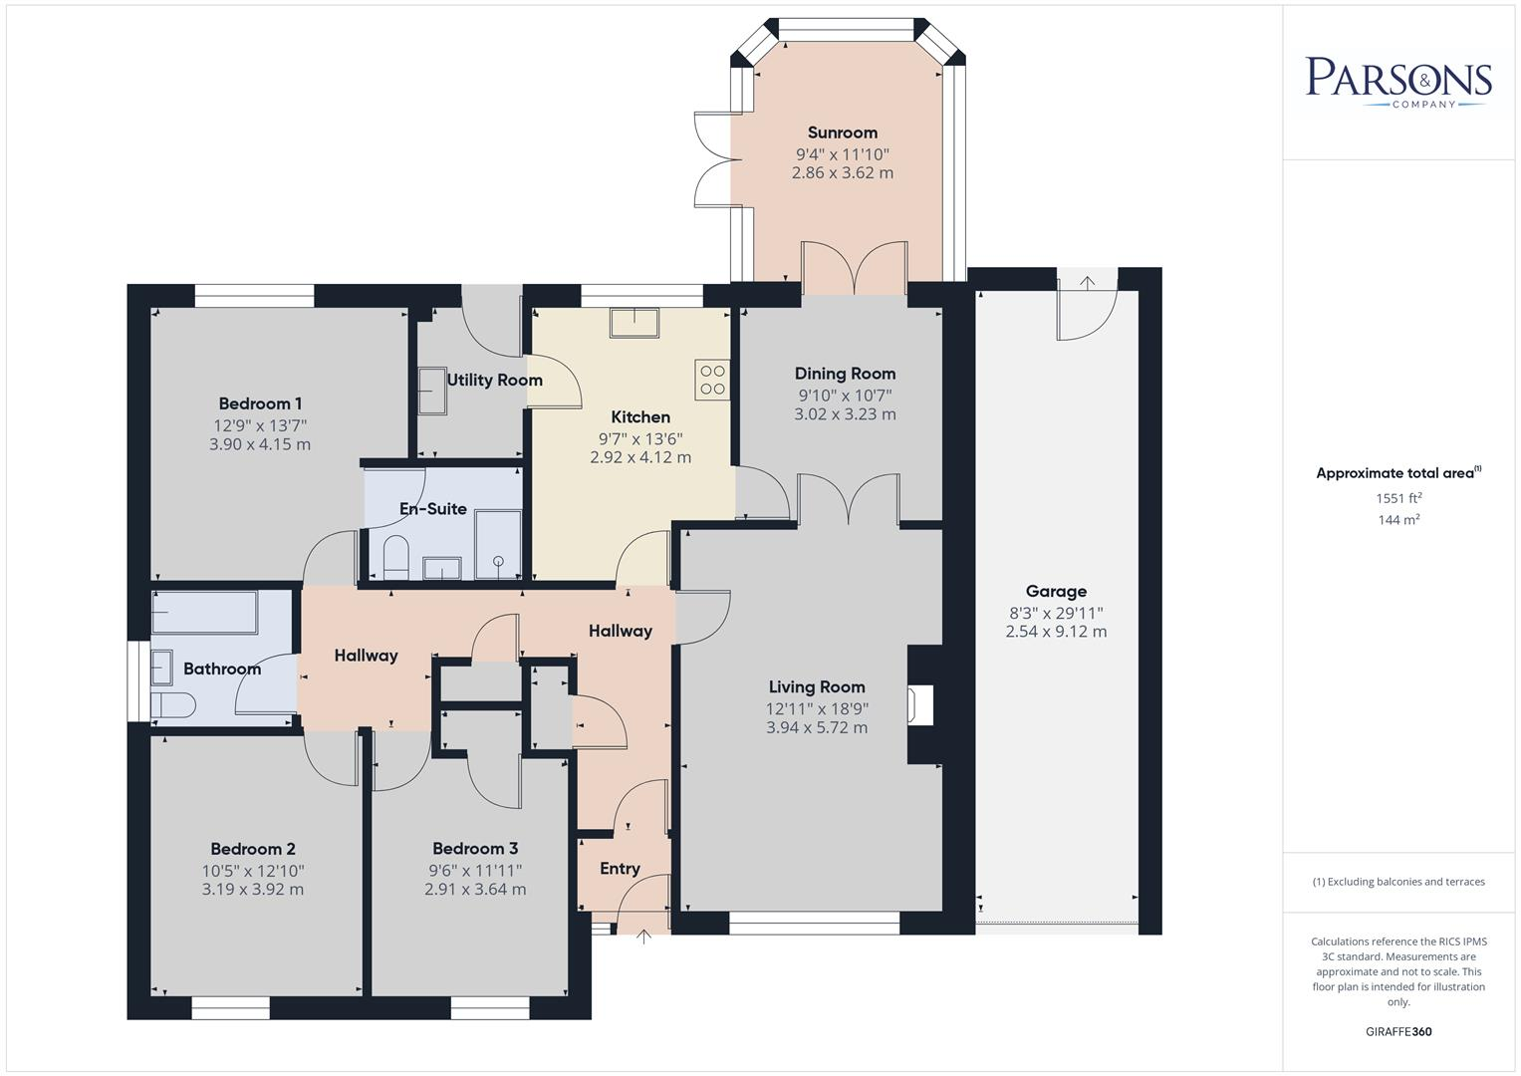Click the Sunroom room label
pyautogui.click(x=842, y=133)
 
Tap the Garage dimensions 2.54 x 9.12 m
pyautogui.click(x=1056, y=632)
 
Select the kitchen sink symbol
pyautogui.click(x=634, y=323)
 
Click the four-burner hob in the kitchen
pyautogui.click(x=712, y=380)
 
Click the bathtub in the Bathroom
pyautogui.click(x=205, y=613)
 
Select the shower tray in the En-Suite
pyautogui.click(x=497, y=544)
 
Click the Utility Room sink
pyautogui.click(x=431, y=390)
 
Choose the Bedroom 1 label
pyautogui.click(x=260, y=403)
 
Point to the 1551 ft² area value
pyautogui.click(x=1398, y=498)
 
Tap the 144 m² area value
pyautogui.click(x=1398, y=520)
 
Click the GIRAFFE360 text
pyautogui.click(x=1398, y=1031)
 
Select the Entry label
pyautogui.click(x=620, y=869)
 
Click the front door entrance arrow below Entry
pyautogui.click(x=643, y=937)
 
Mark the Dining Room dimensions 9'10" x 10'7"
pyautogui.click(x=845, y=395)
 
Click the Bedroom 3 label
pyautogui.click(x=475, y=849)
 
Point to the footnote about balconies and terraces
pyautogui.click(x=1398, y=882)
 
